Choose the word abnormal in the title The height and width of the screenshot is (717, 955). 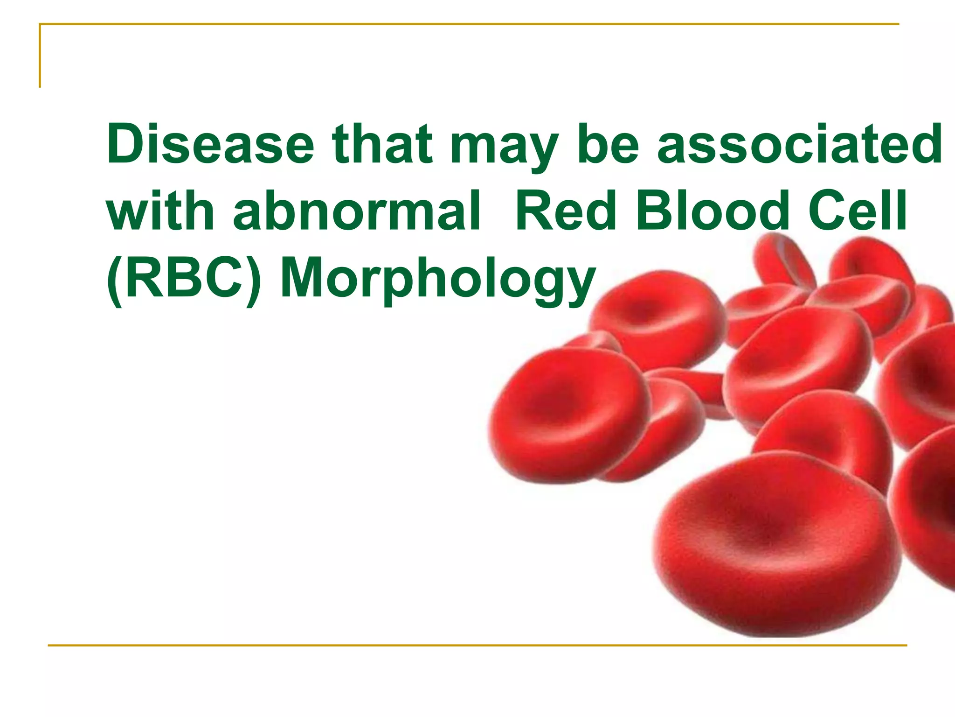(x=357, y=211)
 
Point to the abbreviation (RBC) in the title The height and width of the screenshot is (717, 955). (x=184, y=279)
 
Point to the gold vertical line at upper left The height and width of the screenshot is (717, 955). (x=40, y=56)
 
